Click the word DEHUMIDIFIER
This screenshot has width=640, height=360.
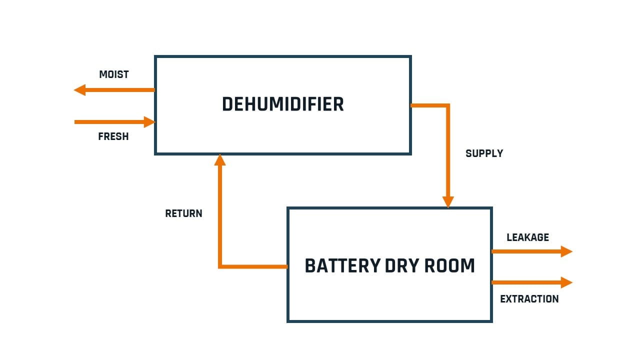282,104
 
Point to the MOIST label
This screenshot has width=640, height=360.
114,74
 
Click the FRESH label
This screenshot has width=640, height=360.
113,136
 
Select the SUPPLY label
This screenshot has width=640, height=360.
484,153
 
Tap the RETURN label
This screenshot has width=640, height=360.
183,213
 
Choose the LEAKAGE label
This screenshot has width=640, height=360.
527,237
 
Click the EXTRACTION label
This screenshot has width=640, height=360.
529,299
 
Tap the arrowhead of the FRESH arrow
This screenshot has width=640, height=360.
149,122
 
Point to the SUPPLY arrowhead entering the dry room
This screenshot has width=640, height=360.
448,201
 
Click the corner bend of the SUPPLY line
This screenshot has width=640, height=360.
447,105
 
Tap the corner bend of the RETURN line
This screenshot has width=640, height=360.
220,266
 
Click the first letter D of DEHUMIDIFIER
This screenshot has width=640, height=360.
228,104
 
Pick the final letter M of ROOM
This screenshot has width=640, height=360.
467,265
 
